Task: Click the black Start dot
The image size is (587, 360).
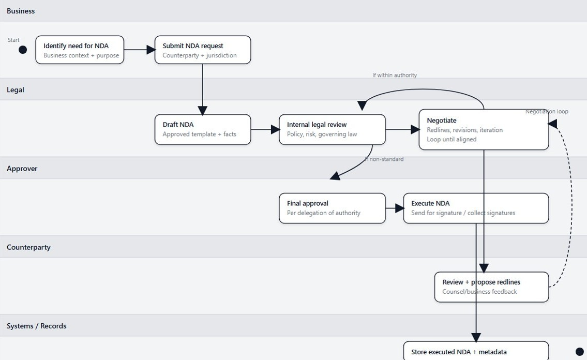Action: tap(23, 50)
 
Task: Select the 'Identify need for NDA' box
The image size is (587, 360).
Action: tap(80, 50)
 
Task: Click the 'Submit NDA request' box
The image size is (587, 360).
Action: tap(203, 50)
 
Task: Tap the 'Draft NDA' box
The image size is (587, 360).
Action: tap(203, 129)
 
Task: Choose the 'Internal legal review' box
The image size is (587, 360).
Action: tap(332, 129)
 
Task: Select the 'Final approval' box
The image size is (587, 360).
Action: tap(332, 208)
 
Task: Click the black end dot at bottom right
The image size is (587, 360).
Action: tap(580, 352)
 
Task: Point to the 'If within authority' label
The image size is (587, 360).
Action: tap(395, 75)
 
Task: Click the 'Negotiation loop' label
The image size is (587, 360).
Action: tap(547, 111)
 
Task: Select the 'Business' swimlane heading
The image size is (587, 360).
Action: tap(21, 11)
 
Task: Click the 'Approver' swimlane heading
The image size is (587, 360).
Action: tap(22, 169)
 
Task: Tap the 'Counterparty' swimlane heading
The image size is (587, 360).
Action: tap(28, 247)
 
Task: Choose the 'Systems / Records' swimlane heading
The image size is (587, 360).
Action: tap(36, 326)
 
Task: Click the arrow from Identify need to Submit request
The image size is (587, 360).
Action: tap(139, 50)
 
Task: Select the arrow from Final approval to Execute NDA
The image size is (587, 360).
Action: tap(394, 208)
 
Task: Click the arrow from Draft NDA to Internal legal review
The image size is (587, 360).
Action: tap(265, 129)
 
